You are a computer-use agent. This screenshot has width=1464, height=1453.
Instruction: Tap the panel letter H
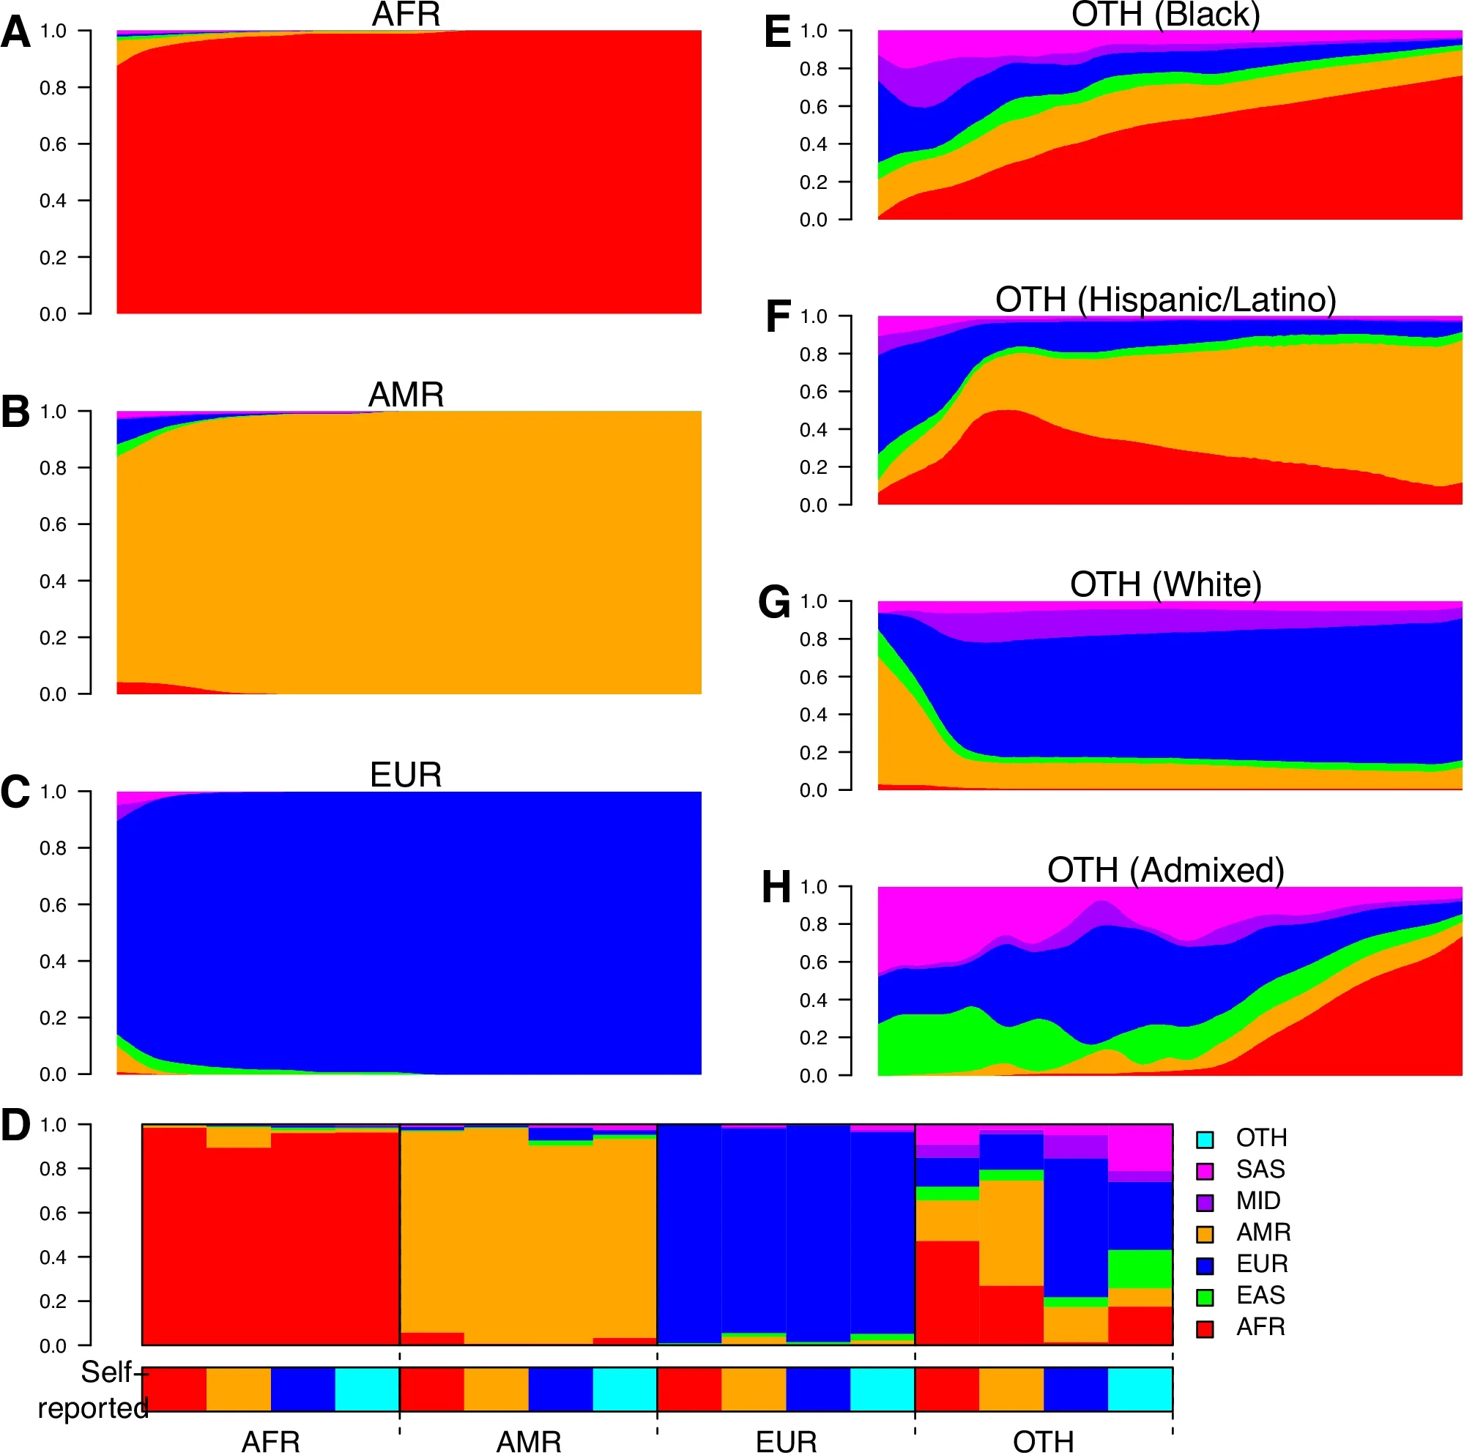(776, 888)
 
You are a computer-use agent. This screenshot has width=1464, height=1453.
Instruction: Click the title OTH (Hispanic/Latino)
(1165, 300)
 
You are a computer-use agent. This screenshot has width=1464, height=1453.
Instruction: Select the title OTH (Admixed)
(1165, 871)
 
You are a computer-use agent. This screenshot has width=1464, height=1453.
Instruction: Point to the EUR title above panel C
(406, 775)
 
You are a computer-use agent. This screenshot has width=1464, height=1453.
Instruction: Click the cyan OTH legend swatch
(1205, 1140)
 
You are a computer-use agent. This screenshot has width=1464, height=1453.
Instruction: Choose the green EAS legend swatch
(1205, 1298)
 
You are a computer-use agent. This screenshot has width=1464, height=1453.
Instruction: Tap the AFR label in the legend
(1260, 1327)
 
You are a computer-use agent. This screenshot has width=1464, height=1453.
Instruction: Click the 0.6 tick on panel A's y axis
(53, 144)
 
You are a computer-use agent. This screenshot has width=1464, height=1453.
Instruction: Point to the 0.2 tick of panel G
(813, 753)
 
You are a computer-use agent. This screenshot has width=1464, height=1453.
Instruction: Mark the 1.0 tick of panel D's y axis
(53, 1125)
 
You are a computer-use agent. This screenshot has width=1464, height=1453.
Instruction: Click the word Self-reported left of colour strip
(94, 1391)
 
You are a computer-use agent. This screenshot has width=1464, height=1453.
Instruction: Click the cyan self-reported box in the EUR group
(883, 1389)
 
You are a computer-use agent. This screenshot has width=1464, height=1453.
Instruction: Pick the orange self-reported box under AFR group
(239, 1389)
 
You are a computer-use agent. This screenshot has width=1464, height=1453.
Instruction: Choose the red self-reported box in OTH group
(947, 1389)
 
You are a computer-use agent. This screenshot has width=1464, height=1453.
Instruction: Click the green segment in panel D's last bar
(1140, 1269)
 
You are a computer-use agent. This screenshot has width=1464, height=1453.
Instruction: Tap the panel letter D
(15, 1125)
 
